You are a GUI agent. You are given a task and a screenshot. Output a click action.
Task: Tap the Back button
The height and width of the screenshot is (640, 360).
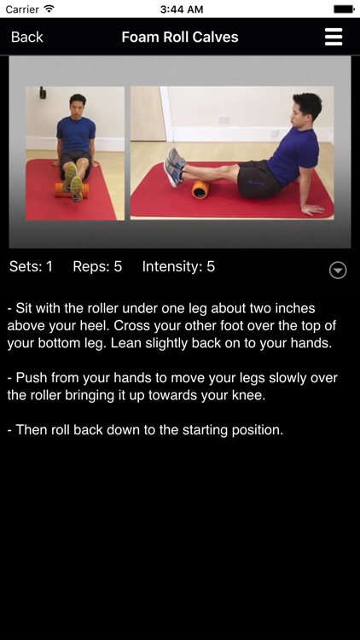[x=27, y=38]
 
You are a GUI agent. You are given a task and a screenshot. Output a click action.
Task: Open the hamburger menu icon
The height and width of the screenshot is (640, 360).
[x=334, y=38]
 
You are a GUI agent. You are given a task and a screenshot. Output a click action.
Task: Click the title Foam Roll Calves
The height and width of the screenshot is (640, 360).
[x=180, y=38]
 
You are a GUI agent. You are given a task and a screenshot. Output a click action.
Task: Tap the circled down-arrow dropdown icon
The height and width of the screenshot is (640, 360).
[x=338, y=271]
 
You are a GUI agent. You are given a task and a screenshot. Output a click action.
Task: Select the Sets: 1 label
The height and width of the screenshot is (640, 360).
[x=31, y=266]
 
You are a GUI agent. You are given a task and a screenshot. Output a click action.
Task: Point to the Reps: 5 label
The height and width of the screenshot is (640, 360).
[x=97, y=266]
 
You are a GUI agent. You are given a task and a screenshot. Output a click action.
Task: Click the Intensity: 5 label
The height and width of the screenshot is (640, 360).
[x=178, y=266]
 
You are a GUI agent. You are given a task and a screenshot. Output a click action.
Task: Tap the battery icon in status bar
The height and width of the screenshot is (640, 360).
[x=344, y=9]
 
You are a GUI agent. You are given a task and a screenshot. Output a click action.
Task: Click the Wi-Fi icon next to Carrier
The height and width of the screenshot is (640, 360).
[x=49, y=9]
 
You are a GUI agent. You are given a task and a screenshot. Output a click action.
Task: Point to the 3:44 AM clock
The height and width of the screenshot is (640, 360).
[x=182, y=9]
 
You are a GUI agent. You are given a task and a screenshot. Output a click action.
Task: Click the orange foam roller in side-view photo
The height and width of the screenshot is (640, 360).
[x=200, y=189]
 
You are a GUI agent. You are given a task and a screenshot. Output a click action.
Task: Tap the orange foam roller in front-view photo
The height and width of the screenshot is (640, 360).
[x=72, y=190]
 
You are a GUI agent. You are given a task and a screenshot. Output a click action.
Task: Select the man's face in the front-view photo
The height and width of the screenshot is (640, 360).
[x=76, y=107]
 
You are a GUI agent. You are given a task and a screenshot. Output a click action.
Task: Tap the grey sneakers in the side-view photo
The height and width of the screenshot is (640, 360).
[x=175, y=167]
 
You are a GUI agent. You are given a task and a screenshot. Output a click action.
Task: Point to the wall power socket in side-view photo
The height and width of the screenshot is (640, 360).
[x=224, y=119]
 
